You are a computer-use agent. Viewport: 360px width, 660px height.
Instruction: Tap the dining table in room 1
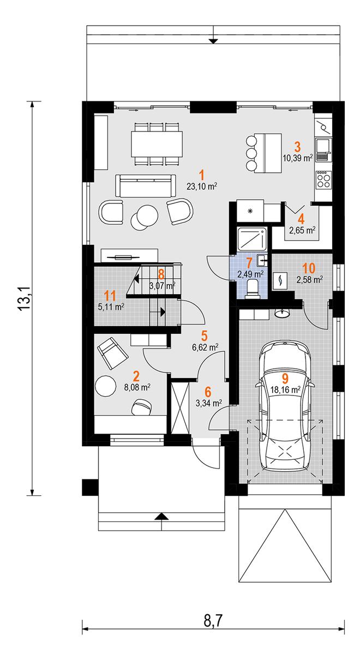(157, 143)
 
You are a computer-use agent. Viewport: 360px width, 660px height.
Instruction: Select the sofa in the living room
(146, 185)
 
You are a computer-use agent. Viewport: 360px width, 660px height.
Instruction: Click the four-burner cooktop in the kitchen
(323, 180)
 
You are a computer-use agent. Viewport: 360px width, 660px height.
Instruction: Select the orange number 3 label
(297, 147)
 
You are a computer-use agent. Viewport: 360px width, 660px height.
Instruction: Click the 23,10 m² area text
(202, 186)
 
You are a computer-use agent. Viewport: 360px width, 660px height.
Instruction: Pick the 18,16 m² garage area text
(285, 390)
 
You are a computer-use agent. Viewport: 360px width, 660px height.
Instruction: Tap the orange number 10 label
(309, 268)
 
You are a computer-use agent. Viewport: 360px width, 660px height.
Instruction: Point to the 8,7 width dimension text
(213, 621)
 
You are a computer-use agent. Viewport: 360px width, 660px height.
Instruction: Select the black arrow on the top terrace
(214, 41)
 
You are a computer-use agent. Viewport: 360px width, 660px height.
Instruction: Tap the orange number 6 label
(208, 392)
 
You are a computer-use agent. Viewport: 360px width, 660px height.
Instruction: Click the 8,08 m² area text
(137, 387)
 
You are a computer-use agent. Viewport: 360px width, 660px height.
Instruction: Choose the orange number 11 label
(110, 296)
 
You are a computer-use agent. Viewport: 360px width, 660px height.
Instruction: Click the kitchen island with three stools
(263, 153)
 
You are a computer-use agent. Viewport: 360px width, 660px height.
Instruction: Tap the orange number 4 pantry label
(301, 219)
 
